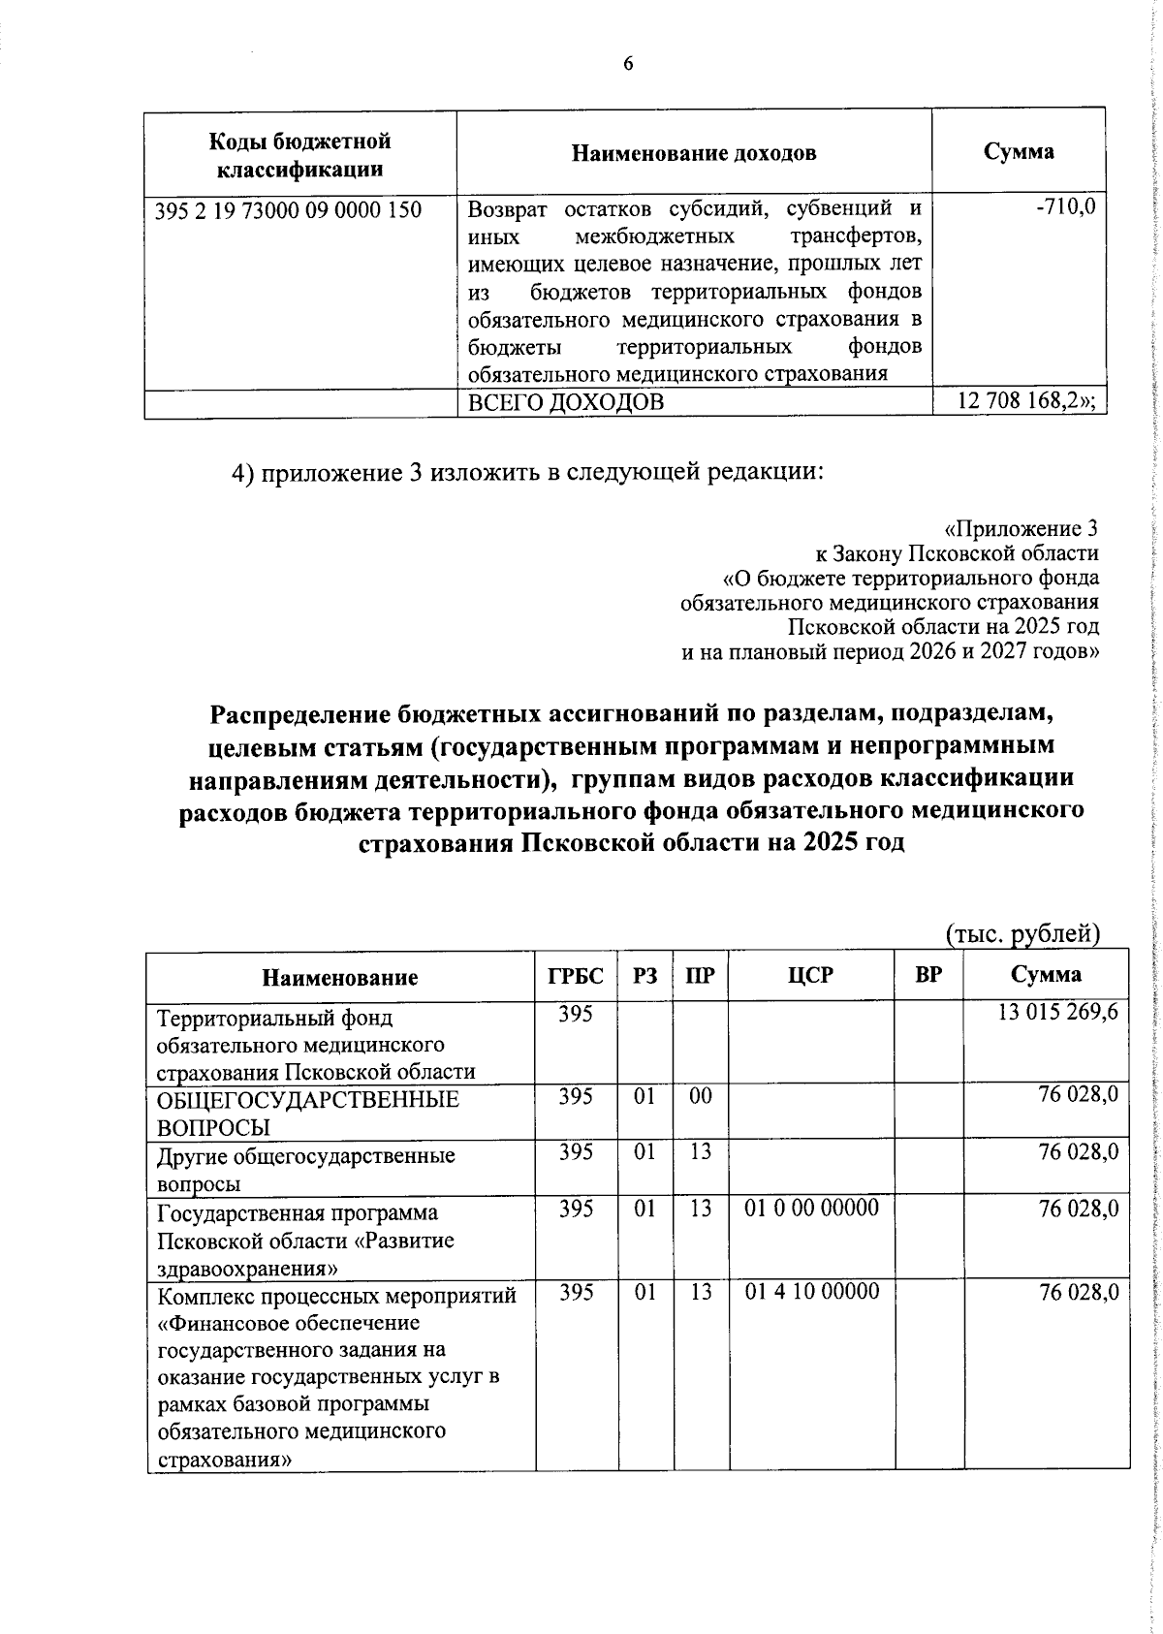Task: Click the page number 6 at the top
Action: [627, 64]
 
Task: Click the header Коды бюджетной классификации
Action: [299, 155]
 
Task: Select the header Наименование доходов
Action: [693, 153]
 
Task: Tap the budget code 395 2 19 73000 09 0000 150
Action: [288, 209]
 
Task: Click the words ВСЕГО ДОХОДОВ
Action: [566, 403]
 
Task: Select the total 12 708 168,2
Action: [1029, 401]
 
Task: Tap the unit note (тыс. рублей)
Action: [1022, 933]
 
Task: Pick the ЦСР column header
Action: [810, 976]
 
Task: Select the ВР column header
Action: [927, 976]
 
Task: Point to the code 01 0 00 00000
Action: [811, 1209]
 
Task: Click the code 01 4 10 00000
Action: [811, 1292]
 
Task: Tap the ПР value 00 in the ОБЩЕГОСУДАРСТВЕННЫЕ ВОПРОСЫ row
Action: [700, 1096]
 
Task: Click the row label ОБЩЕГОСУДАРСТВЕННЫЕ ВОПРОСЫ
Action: [308, 1113]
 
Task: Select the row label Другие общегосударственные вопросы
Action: [305, 1169]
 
